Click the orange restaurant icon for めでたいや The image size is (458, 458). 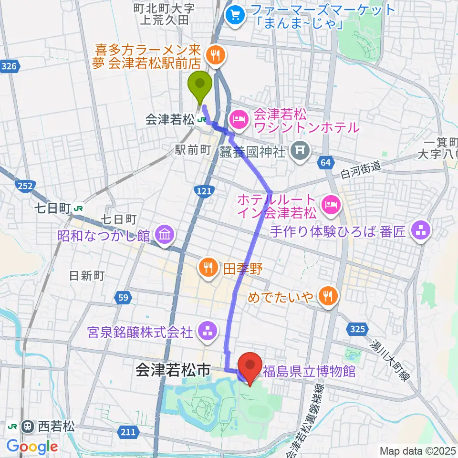(328, 296)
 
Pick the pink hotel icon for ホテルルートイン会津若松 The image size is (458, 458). (330, 206)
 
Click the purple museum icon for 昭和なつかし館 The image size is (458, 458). (165, 235)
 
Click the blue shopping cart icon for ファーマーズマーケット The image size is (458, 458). (236, 15)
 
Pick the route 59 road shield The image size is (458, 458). (123, 298)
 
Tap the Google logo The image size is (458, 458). (32, 447)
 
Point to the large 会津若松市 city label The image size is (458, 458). (173, 370)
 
